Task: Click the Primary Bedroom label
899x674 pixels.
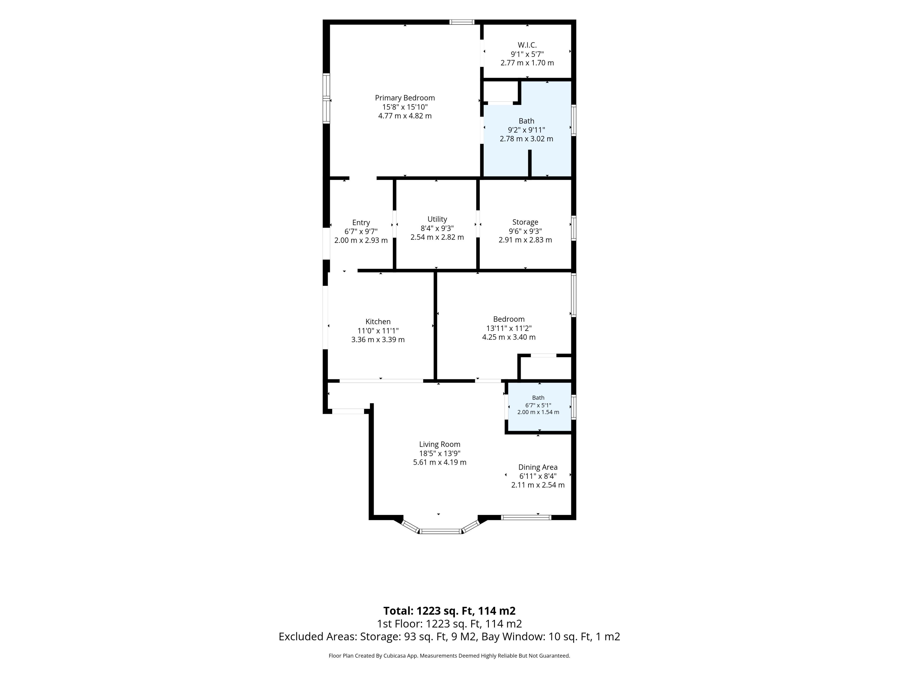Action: tap(405, 98)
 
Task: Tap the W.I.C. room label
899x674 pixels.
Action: tap(527, 45)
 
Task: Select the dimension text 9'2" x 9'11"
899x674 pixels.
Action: tap(526, 130)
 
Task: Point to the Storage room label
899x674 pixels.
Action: tap(525, 222)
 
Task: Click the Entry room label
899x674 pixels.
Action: tap(361, 223)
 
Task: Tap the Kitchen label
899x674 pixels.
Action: tap(378, 322)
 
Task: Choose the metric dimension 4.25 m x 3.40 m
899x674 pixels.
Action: tap(509, 337)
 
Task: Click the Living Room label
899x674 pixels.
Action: tap(440, 444)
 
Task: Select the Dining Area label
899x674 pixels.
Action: tap(538, 467)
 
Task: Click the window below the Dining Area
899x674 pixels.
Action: tap(526, 517)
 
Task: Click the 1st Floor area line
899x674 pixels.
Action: tap(449, 624)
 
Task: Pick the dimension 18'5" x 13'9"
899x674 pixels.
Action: tap(440, 453)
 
